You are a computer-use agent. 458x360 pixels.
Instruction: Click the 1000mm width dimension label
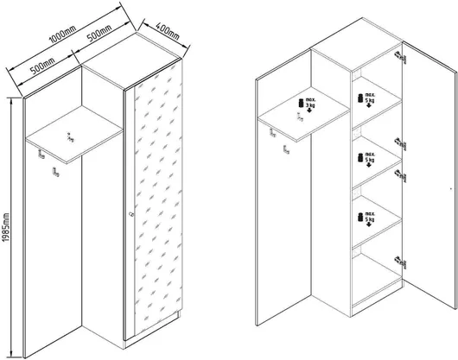point(62,34)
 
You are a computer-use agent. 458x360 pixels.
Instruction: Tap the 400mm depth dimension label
point(167,30)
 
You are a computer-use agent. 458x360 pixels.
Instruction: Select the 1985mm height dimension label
point(6,228)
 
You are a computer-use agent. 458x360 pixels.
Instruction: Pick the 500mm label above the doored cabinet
point(99,34)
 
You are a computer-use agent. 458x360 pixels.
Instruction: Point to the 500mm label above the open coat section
point(42,66)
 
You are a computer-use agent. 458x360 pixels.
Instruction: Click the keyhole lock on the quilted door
point(130,214)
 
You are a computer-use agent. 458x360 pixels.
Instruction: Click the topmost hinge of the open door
point(401,58)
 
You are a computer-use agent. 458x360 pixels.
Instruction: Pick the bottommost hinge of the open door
point(401,262)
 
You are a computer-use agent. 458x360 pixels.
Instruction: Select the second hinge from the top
point(401,144)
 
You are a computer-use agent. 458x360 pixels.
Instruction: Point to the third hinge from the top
point(401,176)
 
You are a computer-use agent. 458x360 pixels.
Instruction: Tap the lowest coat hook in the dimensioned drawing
point(55,172)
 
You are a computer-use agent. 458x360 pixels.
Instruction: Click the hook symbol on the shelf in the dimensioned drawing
point(70,137)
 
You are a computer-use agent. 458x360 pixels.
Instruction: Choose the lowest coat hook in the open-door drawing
point(286,149)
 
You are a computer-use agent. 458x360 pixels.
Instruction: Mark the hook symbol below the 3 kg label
point(300,117)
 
